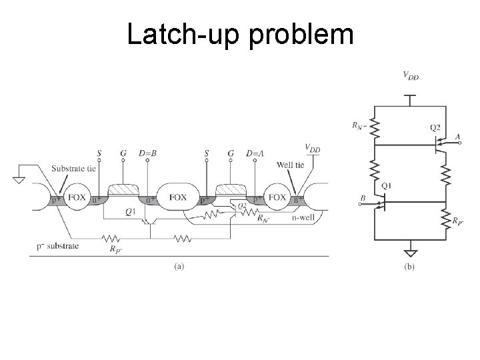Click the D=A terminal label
255,153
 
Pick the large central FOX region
178,197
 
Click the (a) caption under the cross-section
179,266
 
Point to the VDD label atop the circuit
411,75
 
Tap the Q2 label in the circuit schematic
435,127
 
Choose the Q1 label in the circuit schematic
387,185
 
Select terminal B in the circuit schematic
362,198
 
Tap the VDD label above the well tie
311,148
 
